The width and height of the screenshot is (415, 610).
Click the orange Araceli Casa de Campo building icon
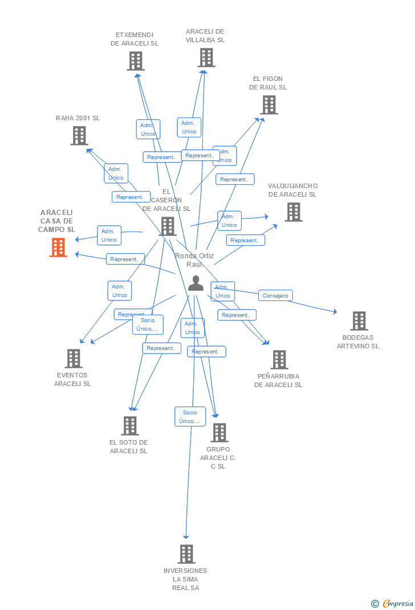58,247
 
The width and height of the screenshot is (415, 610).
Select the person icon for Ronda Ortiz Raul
196,283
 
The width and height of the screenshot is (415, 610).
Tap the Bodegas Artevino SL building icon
359,321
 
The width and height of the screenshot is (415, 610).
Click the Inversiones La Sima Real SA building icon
186,554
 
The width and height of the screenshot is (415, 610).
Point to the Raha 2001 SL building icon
79,136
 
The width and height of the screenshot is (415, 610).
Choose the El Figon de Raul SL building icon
269,105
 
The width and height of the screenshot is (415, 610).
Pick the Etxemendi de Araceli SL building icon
135,61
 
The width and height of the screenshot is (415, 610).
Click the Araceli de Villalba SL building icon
206,58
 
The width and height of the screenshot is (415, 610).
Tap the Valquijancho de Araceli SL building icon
293,212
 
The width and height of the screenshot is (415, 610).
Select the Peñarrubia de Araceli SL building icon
279,360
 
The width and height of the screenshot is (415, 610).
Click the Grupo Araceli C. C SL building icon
219,433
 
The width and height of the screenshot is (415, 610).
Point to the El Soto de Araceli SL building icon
130,425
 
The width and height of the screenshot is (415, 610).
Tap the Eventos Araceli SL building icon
73,359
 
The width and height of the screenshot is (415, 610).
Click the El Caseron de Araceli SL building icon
168,226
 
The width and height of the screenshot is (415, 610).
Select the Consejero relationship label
275,295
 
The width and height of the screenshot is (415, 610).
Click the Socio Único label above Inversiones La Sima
190,417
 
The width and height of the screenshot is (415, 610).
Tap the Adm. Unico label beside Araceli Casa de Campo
109,235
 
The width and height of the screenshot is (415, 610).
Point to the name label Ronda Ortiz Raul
194,260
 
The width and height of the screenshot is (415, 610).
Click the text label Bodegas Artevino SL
358,341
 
